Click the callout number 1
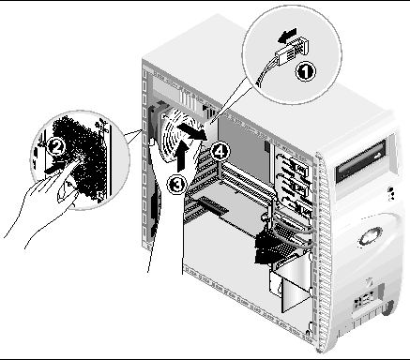tap(306, 71)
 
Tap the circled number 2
tap(56, 147)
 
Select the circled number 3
tap(176, 184)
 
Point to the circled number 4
tap(220, 152)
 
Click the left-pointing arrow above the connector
tap(287, 35)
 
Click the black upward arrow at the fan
tap(183, 155)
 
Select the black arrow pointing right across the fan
tap(193, 131)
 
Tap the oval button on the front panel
tap(371, 235)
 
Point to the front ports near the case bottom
tap(364, 299)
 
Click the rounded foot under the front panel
tap(388, 307)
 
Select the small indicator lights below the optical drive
tap(391, 193)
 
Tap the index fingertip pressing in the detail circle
tap(79, 160)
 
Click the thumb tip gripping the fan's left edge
tap(152, 142)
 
